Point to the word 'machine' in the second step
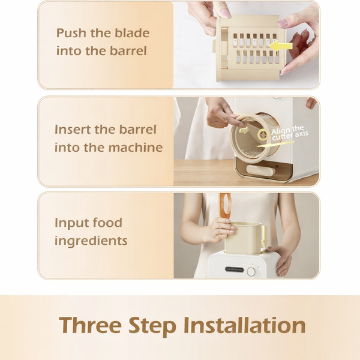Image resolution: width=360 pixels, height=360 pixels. click(x=138, y=147)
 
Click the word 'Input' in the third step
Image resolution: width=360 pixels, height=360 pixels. click(x=71, y=223)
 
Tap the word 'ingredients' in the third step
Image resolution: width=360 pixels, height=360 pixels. click(x=91, y=241)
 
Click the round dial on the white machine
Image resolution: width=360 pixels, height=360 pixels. click(x=252, y=271)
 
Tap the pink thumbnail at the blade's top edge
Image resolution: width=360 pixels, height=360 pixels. click(x=224, y=13)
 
